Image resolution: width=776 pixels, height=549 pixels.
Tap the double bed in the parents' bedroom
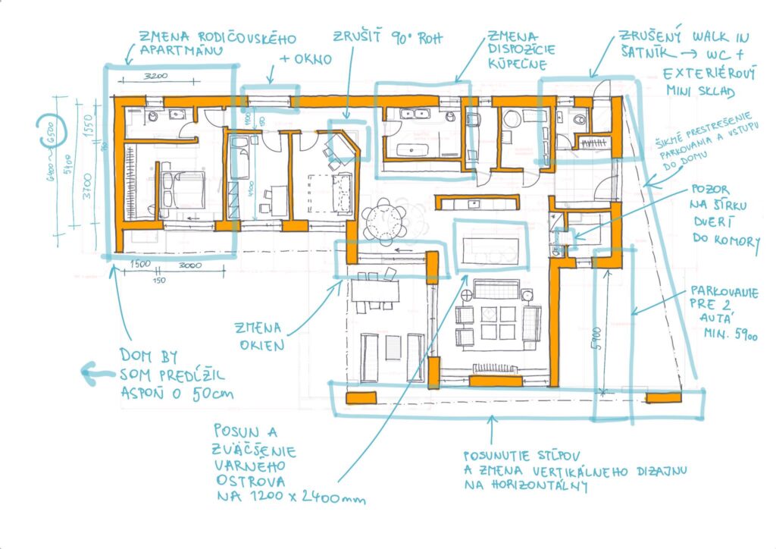[185, 190]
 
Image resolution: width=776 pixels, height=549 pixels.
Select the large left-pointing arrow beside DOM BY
[95, 372]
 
